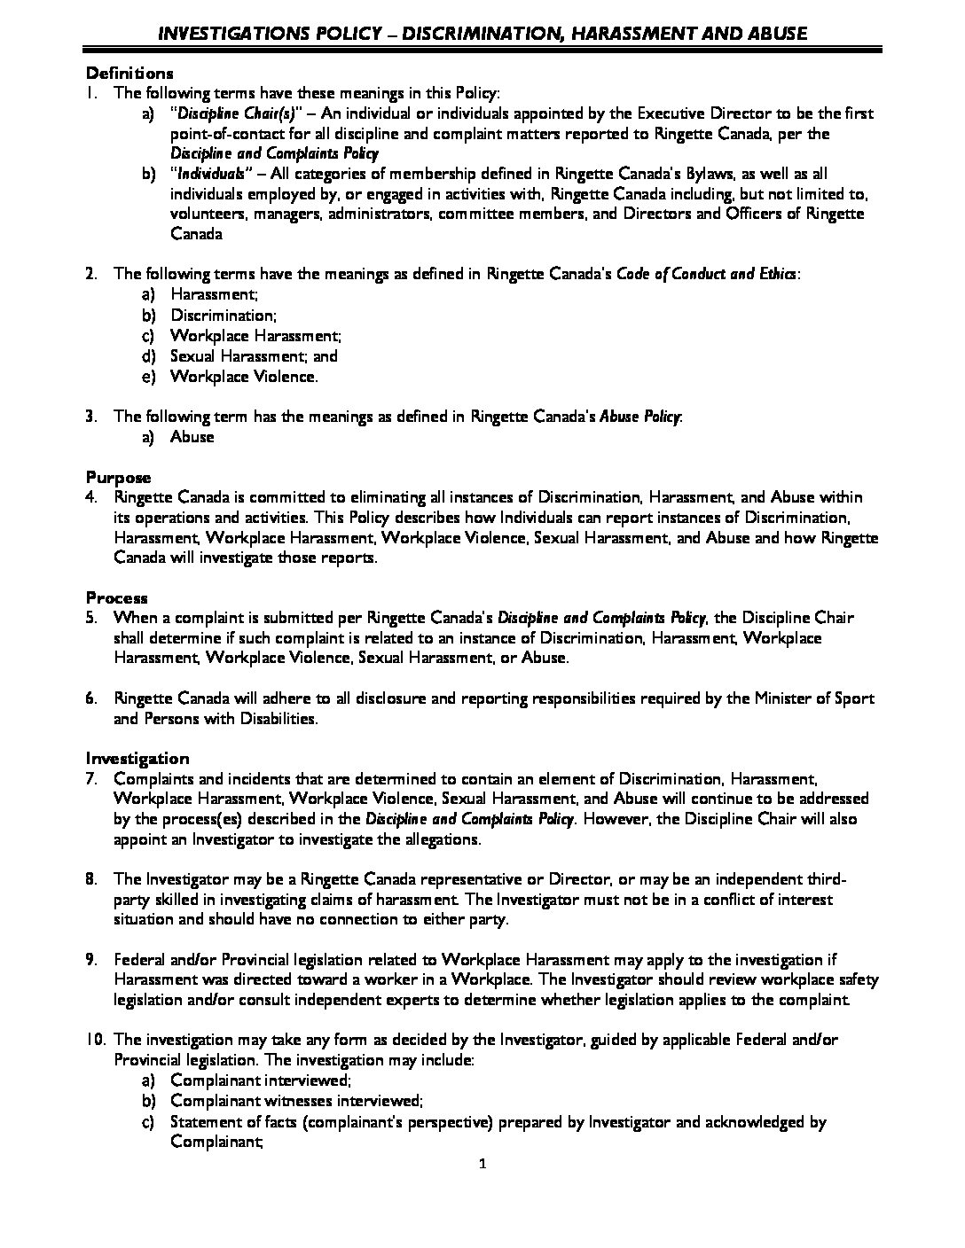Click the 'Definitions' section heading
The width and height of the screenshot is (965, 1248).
(x=129, y=73)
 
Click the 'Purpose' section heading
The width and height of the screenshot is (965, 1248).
(x=118, y=478)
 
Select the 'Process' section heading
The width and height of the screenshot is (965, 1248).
(x=116, y=598)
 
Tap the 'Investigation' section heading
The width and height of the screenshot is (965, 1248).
(x=137, y=759)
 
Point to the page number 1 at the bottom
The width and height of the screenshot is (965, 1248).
(x=482, y=1165)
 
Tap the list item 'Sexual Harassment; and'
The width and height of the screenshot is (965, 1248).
(x=254, y=356)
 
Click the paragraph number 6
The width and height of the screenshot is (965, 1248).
(x=91, y=698)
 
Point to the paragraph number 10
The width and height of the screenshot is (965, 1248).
(x=95, y=1040)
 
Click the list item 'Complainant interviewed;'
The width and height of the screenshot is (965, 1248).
(x=261, y=1080)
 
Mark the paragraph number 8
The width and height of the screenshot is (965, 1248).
(x=91, y=879)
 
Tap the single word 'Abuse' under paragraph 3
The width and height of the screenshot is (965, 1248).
(x=192, y=437)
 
